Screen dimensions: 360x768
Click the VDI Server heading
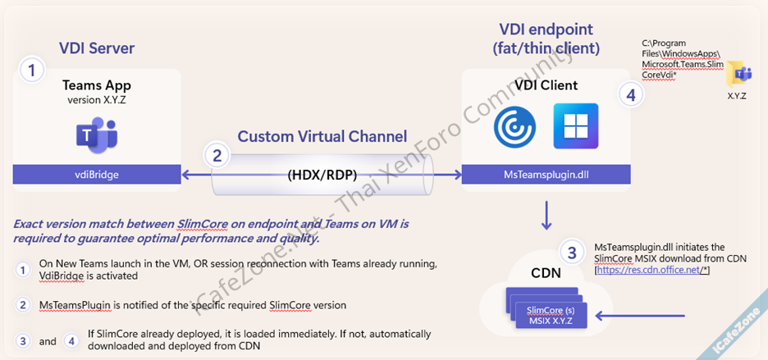[x=97, y=48]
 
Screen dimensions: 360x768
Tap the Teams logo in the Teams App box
[x=97, y=135]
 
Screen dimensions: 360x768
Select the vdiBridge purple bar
[x=97, y=174]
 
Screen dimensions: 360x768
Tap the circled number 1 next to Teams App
[x=32, y=71]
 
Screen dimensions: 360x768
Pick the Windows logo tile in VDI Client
[x=575, y=126]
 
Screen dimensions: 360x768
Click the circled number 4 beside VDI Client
[x=630, y=95]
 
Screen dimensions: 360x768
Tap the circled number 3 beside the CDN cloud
[x=574, y=252]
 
